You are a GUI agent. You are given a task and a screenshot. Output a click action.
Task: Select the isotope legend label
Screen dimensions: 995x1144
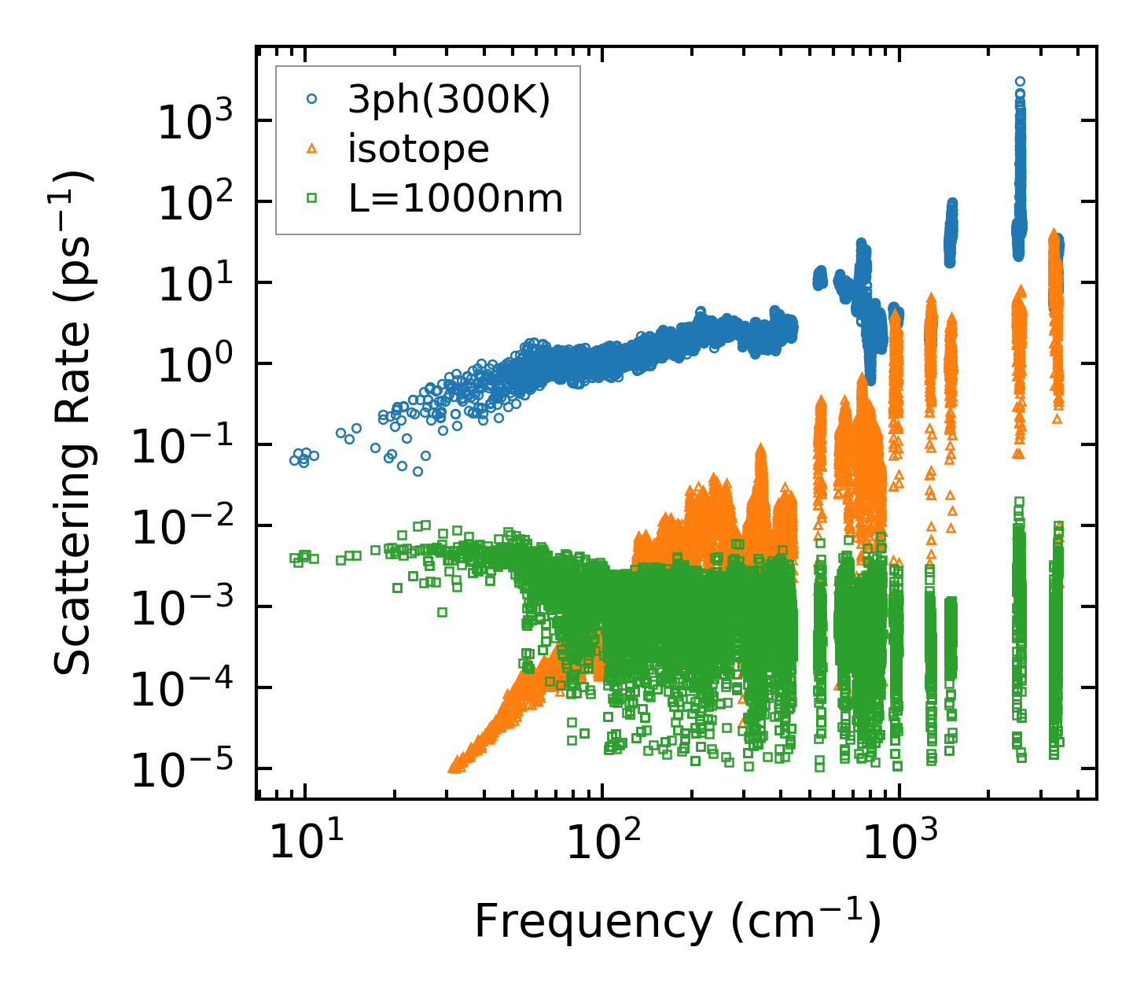point(418,149)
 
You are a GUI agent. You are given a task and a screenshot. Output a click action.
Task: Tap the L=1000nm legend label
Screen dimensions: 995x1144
point(456,199)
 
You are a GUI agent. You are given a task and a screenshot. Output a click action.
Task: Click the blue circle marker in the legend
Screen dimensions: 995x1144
point(312,99)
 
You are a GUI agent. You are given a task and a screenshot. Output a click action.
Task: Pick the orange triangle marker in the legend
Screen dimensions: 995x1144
point(312,149)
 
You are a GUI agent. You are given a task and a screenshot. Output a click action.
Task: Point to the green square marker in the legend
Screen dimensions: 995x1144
point(312,199)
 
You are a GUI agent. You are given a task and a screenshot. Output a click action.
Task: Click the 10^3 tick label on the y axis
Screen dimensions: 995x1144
point(193,122)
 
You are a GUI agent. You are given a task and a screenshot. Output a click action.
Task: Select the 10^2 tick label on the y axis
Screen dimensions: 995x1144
point(193,203)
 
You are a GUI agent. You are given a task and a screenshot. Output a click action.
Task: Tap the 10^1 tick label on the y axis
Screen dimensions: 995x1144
point(193,284)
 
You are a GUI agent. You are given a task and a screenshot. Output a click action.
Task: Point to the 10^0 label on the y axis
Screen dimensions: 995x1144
point(193,365)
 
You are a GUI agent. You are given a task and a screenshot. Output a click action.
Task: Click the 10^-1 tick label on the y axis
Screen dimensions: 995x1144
point(180,446)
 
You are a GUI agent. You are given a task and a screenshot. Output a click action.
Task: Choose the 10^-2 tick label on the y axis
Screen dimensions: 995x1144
point(180,527)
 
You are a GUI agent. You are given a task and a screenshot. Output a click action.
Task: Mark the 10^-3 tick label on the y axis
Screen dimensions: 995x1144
point(180,608)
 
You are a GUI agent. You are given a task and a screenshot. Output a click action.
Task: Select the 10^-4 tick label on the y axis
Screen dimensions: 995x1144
point(180,689)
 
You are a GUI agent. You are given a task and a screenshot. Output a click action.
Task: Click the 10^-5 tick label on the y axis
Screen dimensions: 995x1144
point(180,770)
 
